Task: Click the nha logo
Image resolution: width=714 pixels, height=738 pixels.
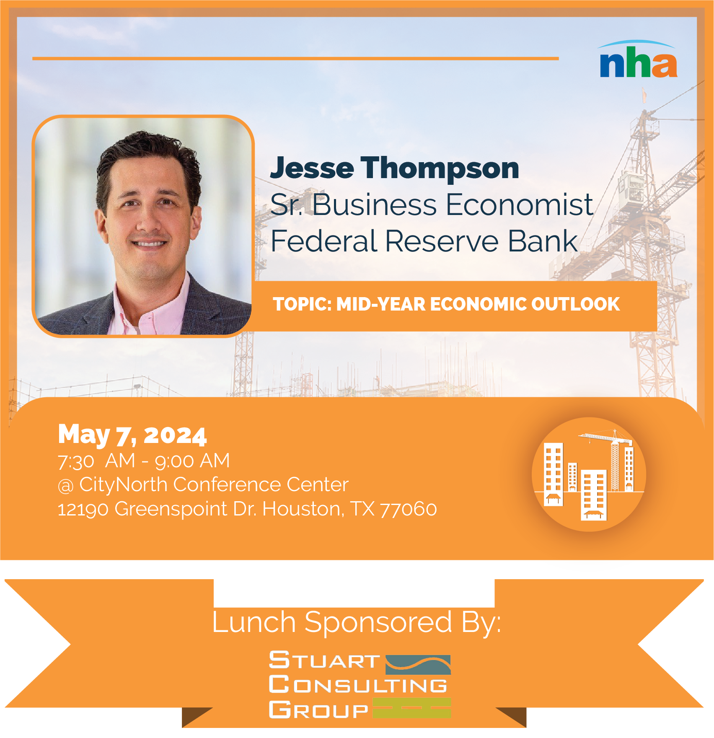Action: (638, 60)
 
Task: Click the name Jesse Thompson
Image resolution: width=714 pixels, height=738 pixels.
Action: (395, 168)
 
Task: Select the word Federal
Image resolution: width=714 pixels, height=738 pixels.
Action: (324, 241)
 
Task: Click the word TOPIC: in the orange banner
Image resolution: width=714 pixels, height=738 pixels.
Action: (302, 304)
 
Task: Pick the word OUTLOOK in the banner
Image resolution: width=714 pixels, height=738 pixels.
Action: (575, 304)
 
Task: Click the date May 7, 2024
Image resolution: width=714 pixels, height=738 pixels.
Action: (132, 435)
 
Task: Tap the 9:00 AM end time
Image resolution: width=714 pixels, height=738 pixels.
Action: (192, 461)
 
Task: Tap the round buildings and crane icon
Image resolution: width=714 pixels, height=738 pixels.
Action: (589, 474)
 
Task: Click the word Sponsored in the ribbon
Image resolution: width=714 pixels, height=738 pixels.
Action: (378, 622)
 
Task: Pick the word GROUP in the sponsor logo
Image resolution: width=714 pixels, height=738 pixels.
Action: (318, 710)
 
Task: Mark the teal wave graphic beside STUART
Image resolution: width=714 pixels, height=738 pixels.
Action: (418, 665)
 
